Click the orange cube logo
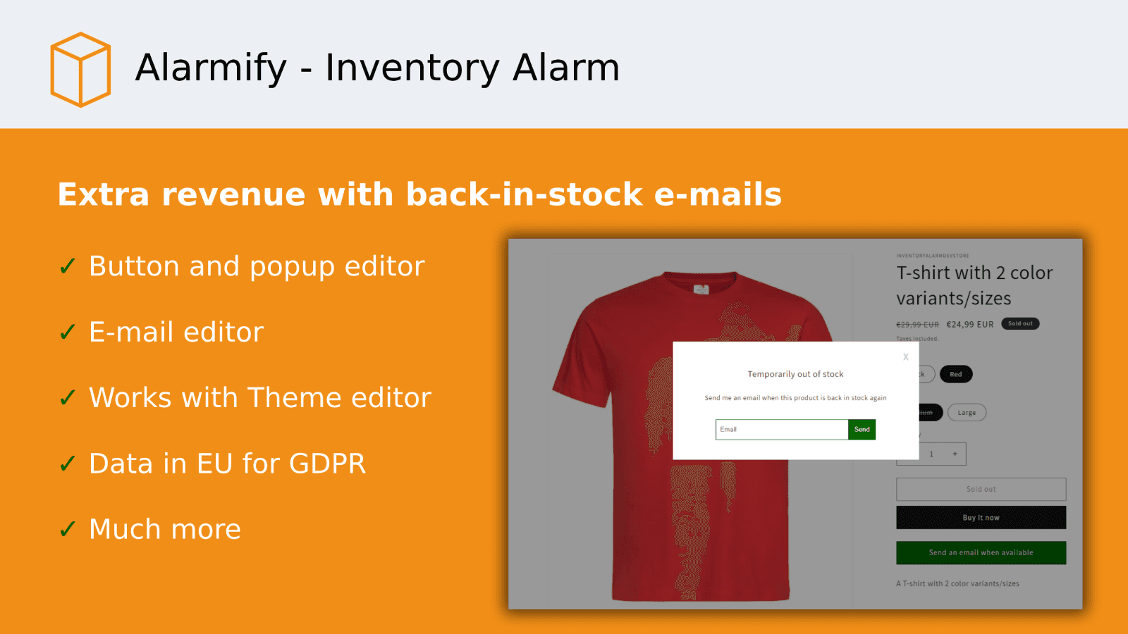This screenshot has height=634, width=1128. pyautogui.click(x=80, y=70)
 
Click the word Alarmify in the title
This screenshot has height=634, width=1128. pyautogui.click(x=211, y=68)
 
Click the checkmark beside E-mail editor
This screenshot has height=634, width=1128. pyautogui.click(x=68, y=332)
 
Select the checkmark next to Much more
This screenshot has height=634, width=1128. pyautogui.click(x=68, y=529)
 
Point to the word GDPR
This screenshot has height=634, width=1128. pyautogui.click(x=327, y=464)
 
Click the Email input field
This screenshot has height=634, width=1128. pyautogui.click(x=781, y=430)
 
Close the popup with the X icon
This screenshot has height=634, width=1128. pyautogui.click(x=906, y=357)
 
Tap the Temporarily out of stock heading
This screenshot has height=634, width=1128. pyautogui.click(x=795, y=374)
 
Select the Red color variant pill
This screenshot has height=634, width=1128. pyautogui.click(x=955, y=374)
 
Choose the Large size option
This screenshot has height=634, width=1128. pyautogui.click(x=967, y=413)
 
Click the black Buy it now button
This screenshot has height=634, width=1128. pyautogui.click(x=981, y=518)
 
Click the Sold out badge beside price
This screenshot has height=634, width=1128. pyautogui.click(x=1020, y=324)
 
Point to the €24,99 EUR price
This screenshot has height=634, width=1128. pyautogui.click(x=969, y=325)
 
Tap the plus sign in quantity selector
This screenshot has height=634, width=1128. pyautogui.click(x=955, y=454)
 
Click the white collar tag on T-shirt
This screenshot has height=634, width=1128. pyautogui.click(x=701, y=289)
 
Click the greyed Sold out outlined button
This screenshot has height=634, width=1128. pyautogui.click(x=981, y=489)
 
